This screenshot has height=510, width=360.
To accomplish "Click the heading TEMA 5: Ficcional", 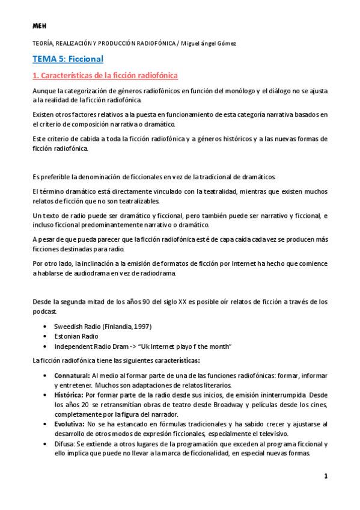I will [68, 59].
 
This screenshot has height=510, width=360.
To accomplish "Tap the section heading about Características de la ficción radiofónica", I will [105, 76].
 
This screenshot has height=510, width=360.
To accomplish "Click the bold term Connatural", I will [72, 375].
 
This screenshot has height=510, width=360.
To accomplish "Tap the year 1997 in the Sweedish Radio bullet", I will [142, 326].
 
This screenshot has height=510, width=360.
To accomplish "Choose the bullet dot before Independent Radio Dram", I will [46, 346].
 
